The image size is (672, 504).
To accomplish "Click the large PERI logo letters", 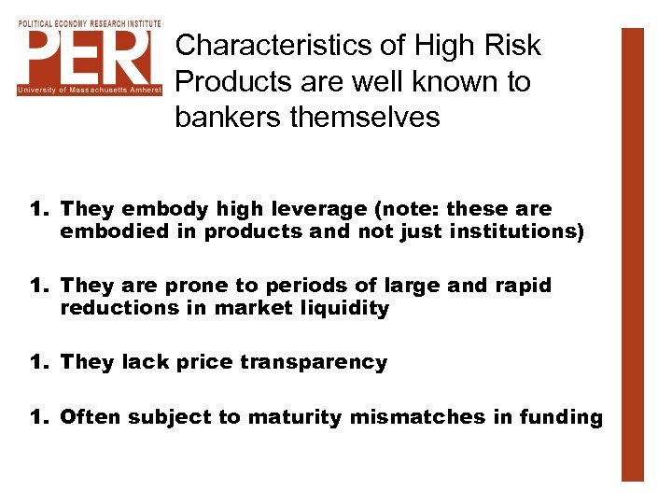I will point(90,56).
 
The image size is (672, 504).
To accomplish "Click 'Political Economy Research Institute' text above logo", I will point(90,23).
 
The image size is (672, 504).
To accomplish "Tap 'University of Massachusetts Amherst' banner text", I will point(90,91).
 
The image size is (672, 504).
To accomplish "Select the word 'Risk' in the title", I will point(511,46).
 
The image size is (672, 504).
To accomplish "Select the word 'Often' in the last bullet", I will point(91,417).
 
